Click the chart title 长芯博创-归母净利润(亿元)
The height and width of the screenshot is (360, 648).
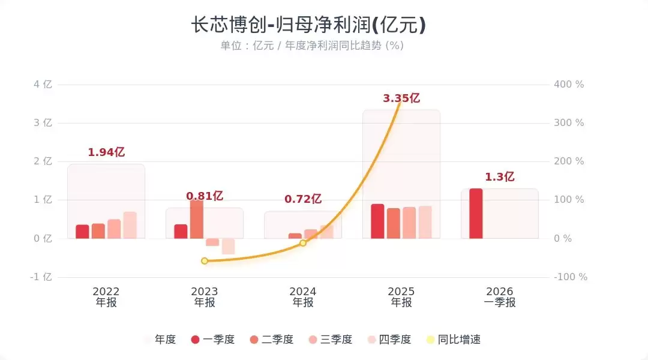[x=308, y=25]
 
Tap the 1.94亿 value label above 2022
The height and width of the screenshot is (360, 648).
[x=106, y=152]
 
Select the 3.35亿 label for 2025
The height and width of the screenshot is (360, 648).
[x=401, y=98]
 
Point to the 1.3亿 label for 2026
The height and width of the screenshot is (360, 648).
[x=500, y=177]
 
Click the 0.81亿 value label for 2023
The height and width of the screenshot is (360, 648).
[x=205, y=196]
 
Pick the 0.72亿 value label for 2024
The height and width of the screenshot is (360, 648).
[x=303, y=199]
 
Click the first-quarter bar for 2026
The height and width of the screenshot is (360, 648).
[x=476, y=214]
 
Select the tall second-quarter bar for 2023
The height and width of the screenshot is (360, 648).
[x=197, y=219]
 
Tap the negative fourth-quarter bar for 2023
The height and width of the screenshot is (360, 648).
[x=228, y=246]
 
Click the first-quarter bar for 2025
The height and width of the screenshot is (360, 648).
[x=377, y=221]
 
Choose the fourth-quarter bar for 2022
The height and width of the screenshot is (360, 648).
[x=130, y=225]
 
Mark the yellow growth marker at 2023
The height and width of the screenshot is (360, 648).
[x=205, y=261]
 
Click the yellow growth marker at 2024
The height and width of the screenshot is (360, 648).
[x=303, y=243]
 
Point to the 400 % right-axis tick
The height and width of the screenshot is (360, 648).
[x=569, y=85]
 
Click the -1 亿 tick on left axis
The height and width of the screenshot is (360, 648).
[x=42, y=277]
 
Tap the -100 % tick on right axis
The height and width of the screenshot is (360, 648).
[x=570, y=277]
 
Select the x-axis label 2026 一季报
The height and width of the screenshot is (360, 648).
[x=500, y=297]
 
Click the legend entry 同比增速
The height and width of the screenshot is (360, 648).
[x=452, y=340]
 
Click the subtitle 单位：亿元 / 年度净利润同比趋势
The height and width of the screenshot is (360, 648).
[x=311, y=46]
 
